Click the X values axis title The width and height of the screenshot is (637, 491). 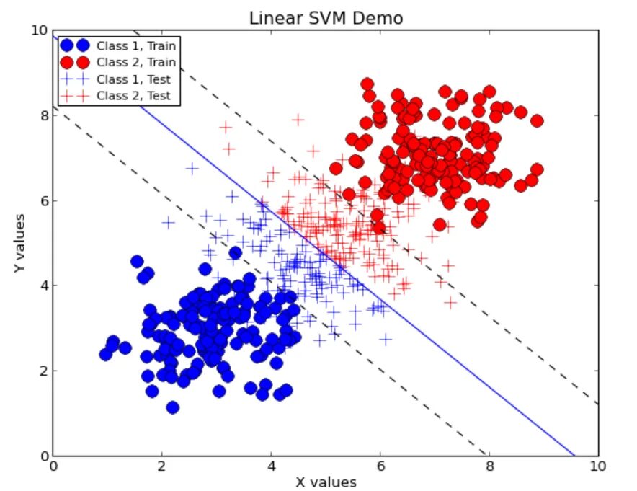(x=326, y=480)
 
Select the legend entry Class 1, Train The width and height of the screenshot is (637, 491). (x=136, y=46)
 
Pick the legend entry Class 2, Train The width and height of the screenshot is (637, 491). (x=136, y=63)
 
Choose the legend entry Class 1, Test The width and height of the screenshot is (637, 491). (x=133, y=79)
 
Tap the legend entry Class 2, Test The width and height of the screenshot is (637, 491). (x=133, y=95)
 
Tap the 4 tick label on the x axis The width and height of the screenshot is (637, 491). (x=271, y=466)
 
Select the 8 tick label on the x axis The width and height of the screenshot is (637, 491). (x=489, y=466)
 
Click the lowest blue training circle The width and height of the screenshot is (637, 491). (x=172, y=407)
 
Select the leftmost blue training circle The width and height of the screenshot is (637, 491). (x=106, y=354)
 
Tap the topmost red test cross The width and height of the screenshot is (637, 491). (x=298, y=119)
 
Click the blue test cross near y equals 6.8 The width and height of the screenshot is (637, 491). (x=192, y=168)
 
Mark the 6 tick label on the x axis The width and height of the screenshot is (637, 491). (x=380, y=466)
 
